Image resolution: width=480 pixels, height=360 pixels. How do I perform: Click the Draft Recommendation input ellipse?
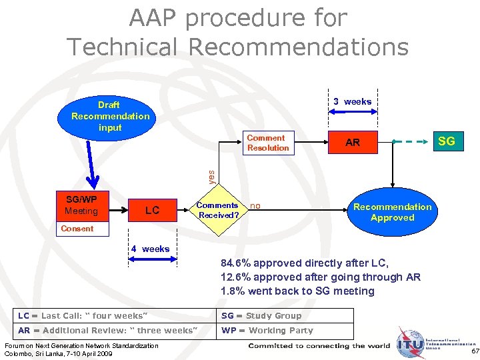tap(110, 116)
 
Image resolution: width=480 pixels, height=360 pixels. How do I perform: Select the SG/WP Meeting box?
tap(81, 206)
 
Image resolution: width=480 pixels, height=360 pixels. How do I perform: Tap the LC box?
tap(152, 211)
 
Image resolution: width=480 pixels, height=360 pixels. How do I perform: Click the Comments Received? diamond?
tap(217, 211)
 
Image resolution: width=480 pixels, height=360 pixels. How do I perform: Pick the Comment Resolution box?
tap(267, 143)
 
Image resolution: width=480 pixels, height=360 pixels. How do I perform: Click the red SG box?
tap(446, 141)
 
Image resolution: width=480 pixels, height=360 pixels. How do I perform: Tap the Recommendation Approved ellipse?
tap(392, 212)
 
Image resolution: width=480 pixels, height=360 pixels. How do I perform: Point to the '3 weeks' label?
tap(352, 102)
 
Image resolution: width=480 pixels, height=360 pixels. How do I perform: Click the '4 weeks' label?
tap(150, 249)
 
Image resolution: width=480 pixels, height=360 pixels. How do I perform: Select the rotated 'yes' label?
tap(211, 176)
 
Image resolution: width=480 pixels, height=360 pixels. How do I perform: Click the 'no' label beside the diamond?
tap(255, 207)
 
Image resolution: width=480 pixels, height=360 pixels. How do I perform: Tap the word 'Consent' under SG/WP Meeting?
tap(77, 229)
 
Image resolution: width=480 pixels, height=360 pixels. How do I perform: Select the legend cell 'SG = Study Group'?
tap(261, 316)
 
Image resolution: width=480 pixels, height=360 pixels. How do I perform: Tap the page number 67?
tap(475, 351)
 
